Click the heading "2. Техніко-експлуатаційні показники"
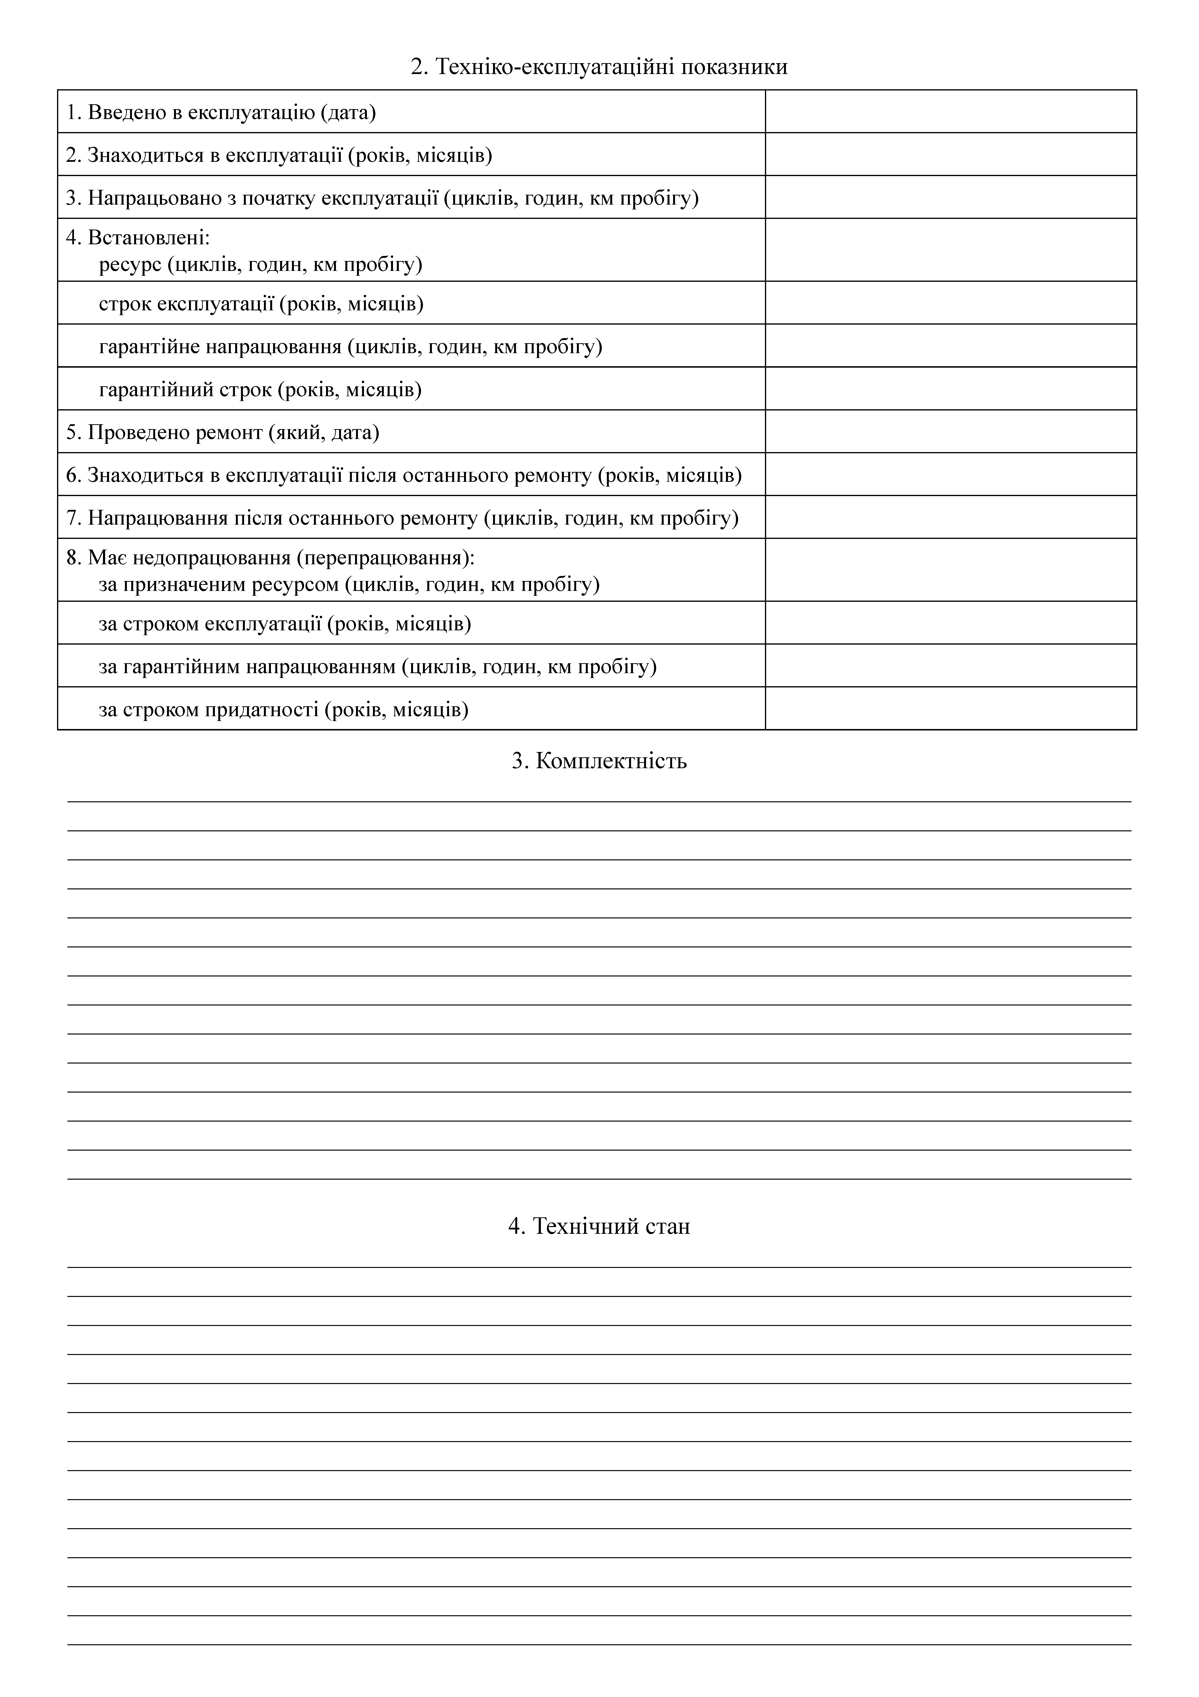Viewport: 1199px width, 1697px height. click(x=599, y=67)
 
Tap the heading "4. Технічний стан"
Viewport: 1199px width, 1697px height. click(x=599, y=1226)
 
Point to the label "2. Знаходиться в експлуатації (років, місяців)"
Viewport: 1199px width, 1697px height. click(x=278, y=155)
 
